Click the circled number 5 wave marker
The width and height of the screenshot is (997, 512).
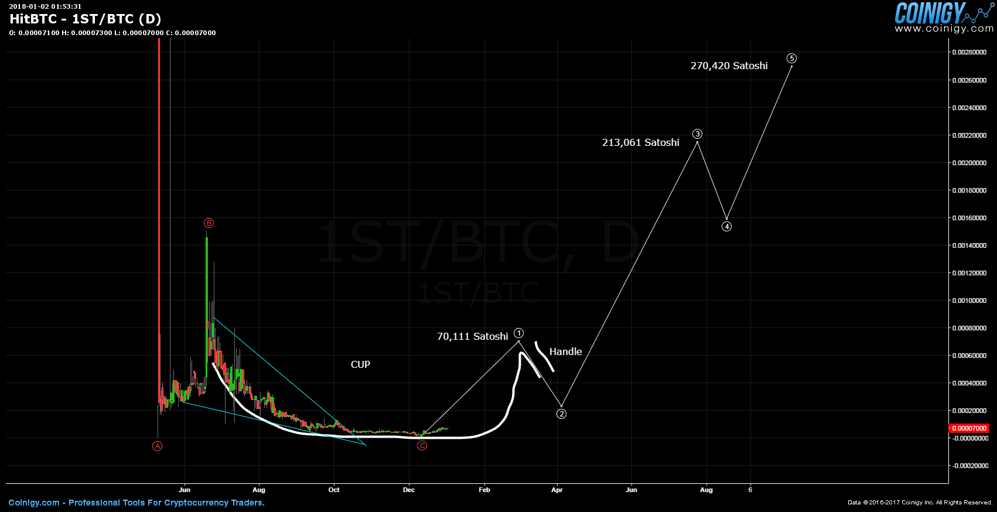(x=791, y=58)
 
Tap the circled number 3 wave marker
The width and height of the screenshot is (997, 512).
(x=697, y=134)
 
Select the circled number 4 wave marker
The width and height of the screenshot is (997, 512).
(x=726, y=227)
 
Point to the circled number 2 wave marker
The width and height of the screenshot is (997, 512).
(x=561, y=414)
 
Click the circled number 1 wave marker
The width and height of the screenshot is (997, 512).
(x=519, y=333)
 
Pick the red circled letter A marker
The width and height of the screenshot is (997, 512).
(x=158, y=446)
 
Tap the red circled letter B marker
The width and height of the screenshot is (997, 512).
(x=209, y=223)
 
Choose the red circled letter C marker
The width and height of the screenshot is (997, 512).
(x=422, y=446)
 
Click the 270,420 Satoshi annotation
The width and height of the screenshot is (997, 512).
(x=729, y=66)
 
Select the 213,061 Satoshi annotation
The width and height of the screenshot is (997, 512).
(x=640, y=142)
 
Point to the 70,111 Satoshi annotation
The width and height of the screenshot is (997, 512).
(x=472, y=336)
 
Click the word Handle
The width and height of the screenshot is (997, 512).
(x=565, y=351)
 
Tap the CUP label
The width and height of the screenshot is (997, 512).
(x=360, y=364)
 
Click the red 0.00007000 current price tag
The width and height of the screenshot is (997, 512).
(x=969, y=428)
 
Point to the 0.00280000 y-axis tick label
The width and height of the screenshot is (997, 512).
(x=969, y=52)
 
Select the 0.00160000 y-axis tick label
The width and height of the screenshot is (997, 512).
(x=969, y=218)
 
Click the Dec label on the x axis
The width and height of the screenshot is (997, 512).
(x=409, y=490)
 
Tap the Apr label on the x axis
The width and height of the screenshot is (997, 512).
(x=556, y=490)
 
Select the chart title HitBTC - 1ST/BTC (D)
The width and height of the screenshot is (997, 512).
(x=86, y=19)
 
